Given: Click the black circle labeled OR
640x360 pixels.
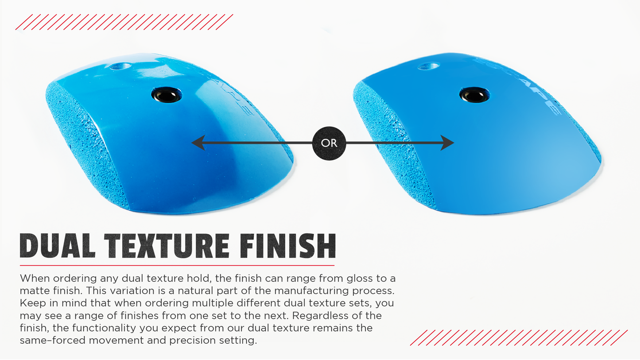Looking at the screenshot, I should click(x=329, y=143).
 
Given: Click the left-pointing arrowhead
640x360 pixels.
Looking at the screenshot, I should click(x=198, y=143).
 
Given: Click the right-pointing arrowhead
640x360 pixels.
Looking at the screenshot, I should click(x=447, y=143).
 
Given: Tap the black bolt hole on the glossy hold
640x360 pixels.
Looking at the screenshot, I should click(x=167, y=95).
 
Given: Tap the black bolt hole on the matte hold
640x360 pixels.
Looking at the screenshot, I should click(x=474, y=94).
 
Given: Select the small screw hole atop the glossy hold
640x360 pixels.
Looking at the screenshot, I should click(x=120, y=66).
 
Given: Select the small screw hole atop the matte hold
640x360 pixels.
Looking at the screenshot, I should click(x=428, y=66).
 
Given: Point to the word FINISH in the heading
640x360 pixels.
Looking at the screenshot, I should click(x=288, y=246).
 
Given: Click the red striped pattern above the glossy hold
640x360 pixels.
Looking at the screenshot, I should click(x=124, y=22).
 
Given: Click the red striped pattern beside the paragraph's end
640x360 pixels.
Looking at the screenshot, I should click(x=519, y=337).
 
